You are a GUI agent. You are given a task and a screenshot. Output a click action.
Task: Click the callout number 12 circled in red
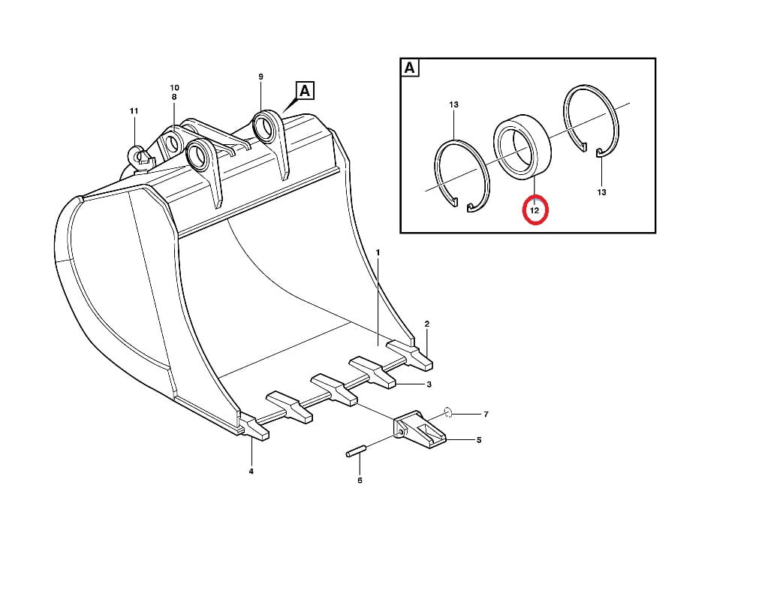tap(535, 211)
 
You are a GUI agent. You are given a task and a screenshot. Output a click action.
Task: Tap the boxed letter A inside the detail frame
tap(409, 68)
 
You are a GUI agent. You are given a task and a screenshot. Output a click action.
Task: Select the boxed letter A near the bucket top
tap(305, 91)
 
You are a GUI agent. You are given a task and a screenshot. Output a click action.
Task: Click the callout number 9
tap(260, 77)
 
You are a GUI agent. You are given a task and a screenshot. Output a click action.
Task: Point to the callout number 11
tap(134, 111)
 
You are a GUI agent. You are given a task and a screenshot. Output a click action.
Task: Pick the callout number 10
tap(174, 87)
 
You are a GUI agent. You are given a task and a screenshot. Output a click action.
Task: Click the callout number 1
tap(378, 253)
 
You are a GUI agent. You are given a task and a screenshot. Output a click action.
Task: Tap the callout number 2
tap(427, 324)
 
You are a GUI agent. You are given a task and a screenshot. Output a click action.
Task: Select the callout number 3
tap(429, 384)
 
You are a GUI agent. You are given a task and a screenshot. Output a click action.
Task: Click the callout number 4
tap(251, 471)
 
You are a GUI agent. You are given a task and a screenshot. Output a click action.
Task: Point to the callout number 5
tap(479, 440)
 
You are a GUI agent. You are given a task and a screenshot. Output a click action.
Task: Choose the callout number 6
tap(360, 480)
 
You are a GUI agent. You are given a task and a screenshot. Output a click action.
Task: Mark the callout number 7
tap(486, 415)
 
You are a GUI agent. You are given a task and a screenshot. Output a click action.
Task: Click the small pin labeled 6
tap(356, 451)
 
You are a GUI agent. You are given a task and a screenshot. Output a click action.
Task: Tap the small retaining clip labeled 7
tap(448, 412)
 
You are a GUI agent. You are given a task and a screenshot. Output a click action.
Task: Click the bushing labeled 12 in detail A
tap(522, 146)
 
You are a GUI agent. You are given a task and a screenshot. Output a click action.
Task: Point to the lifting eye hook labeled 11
tap(141, 155)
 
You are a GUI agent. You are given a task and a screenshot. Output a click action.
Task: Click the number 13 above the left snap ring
tap(453, 104)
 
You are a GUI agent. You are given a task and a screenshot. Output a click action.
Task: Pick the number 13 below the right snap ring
tap(601, 191)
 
